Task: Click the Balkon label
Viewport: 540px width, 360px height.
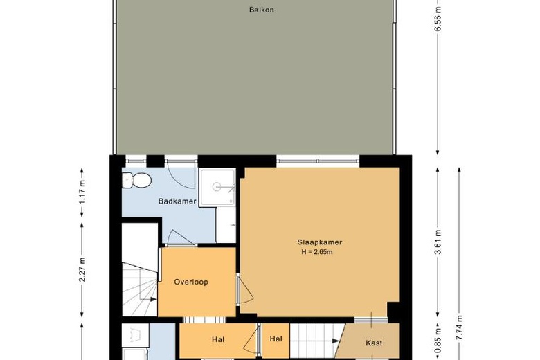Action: pos(262,10)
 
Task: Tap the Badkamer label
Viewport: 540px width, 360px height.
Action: pos(177,201)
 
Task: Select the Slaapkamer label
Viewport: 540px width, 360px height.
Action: pos(320,242)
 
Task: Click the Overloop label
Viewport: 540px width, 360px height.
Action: pos(191,282)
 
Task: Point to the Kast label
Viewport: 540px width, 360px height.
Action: pos(374,343)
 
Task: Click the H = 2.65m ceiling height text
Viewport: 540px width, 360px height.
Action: pos(317,252)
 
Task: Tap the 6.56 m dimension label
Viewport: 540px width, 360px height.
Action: pos(438,19)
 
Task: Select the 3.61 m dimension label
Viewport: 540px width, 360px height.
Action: pos(438,242)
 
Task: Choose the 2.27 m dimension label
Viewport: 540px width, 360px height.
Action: pos(82,270)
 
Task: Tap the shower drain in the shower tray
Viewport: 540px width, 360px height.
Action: pos(217,187)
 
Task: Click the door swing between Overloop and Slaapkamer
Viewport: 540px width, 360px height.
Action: pos(246,289)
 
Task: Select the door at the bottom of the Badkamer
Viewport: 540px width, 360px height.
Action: pos(180,237)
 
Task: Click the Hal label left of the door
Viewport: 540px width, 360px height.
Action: pos(218,340)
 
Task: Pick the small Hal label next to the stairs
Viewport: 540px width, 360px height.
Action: pos(276,339)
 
